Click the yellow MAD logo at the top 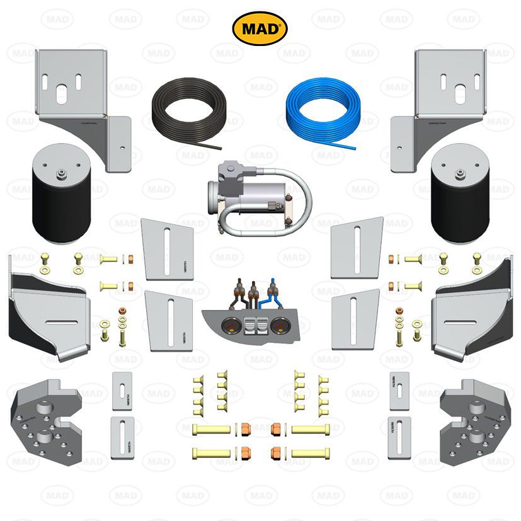tap(260, 28)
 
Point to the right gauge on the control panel tap(280, 328)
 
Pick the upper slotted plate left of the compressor tap(167, 248)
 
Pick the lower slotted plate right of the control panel tap(355, 319)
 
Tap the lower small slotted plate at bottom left tap(121, 436)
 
